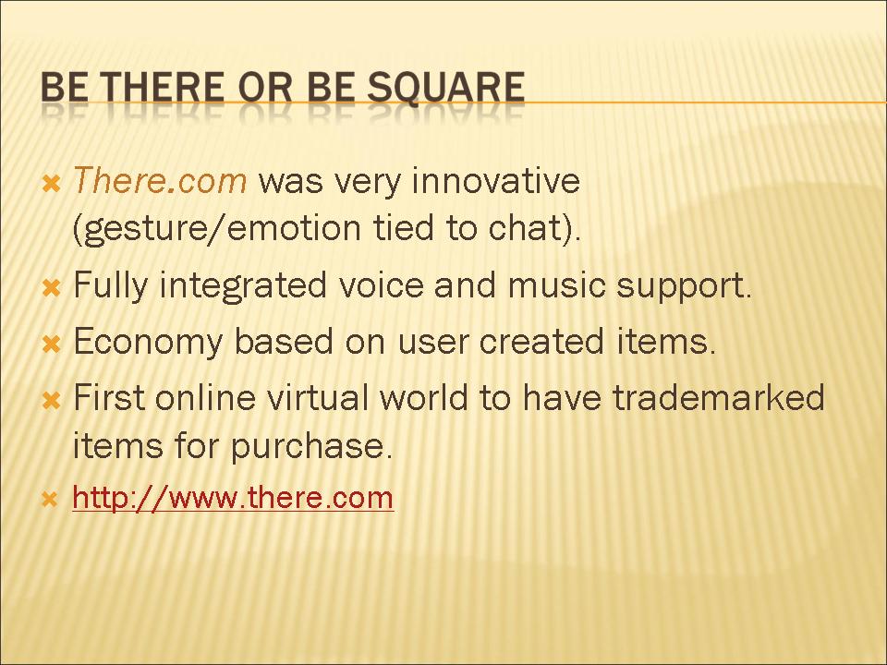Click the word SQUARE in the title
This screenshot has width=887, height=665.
(x=445, y=88)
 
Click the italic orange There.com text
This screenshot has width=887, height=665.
(x=160, y=180)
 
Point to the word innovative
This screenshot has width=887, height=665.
(x=496, y=180)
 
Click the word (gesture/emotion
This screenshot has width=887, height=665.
(x=216, y=228)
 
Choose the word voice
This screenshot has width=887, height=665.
(x=381, y=284)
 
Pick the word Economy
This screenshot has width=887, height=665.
(x=148, y=342)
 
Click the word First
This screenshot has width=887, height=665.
(x=109, y=396)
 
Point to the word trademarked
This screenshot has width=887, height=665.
(x=719, y=396)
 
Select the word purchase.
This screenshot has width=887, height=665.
(x=311, y=446)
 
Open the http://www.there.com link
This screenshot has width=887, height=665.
(x=233, y=498)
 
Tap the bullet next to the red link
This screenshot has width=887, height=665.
(x=50, y=500)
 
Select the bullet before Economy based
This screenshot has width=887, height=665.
(x=51, y=344)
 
